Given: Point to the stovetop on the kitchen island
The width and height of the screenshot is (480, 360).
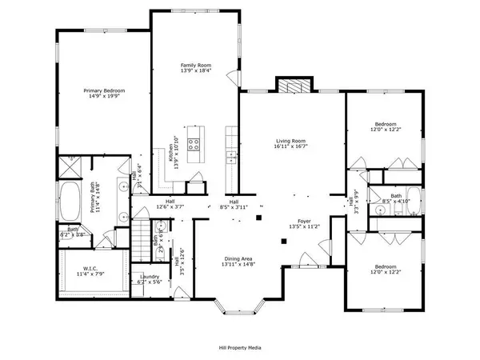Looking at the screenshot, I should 194,144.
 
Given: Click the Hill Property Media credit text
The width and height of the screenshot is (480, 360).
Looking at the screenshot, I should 239,347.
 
